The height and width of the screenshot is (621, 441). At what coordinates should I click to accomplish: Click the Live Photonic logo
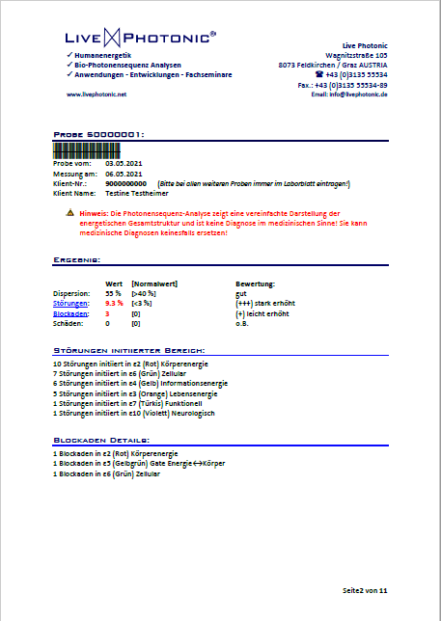(x=141, y=38)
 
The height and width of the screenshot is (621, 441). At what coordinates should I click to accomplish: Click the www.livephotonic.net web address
(x=96, y=94)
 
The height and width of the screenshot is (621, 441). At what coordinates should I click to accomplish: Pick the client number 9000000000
(x=125, y=183)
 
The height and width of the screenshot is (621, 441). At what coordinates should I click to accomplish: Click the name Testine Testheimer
(x=138, y=193)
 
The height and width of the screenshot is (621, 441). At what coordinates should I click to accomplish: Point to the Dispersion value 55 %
(x=113, y=293)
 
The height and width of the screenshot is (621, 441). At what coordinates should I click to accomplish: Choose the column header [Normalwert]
(x=153, y=284)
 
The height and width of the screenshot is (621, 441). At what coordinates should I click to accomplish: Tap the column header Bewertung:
(x=256, y=284)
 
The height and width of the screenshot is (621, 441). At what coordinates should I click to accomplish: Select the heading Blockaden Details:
(x=101, y=441)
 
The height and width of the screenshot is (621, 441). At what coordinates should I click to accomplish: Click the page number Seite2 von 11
(x=364, y=588)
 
